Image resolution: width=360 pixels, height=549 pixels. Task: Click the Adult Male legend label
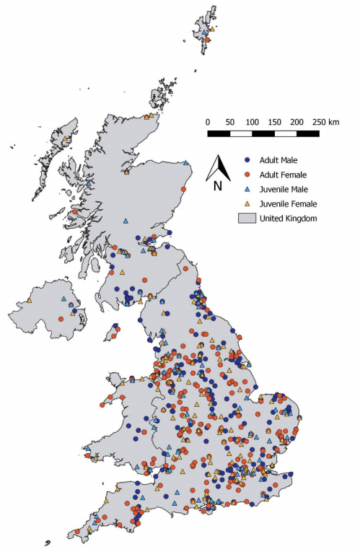(275, 160)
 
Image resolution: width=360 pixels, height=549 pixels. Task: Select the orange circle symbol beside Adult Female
(247, 175)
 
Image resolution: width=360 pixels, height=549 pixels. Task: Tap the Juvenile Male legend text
(281, 189)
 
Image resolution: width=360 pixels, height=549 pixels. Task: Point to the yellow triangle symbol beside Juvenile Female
(247, 203)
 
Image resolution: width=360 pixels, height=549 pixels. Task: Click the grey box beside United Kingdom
(247, 218)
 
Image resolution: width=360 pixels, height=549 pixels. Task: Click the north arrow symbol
(217, 169)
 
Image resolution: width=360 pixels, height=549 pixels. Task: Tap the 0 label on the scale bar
(208, 122)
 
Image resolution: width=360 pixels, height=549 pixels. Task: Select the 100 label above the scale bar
(252, 122)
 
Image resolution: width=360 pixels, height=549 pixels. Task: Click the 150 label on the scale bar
(274, 122)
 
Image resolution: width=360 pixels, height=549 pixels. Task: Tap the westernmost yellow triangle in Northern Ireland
(30, 300)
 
